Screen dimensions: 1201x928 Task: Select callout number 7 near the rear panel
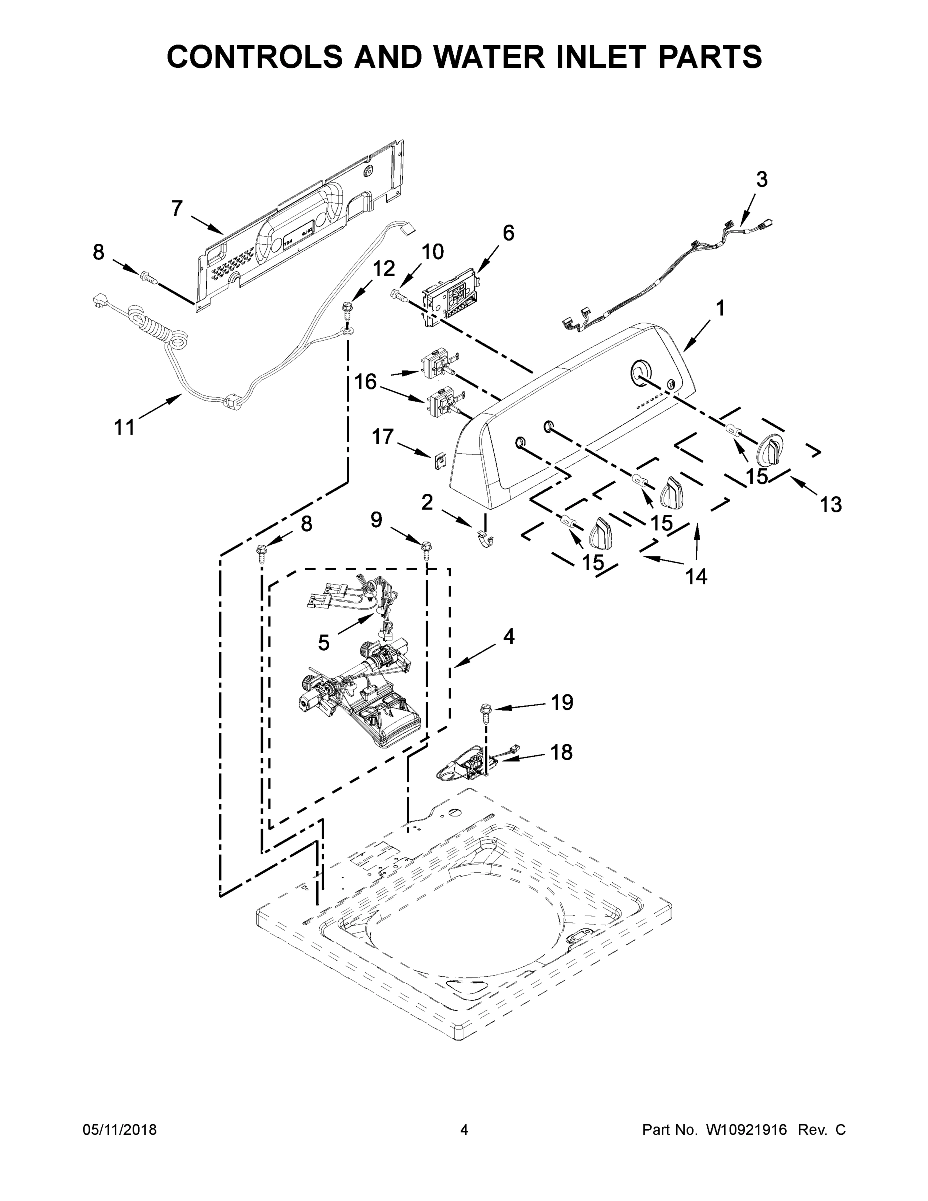tap(177, 208)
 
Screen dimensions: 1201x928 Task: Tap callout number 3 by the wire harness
tap(761, 179)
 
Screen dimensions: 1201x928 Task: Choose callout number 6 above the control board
tap(509, 233)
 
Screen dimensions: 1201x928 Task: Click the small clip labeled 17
tap(439, 458)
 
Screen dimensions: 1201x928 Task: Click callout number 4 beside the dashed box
tap(509, 636)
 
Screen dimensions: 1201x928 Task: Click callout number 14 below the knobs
tap(696, 576)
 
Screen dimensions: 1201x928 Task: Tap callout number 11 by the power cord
tap(124, 427)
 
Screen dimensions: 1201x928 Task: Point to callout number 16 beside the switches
tap(366, 381)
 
